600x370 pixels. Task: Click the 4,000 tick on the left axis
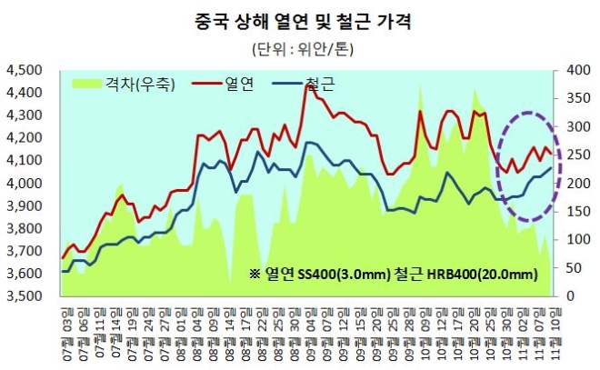click(25, 184)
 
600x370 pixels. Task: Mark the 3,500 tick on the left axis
click(25, 296)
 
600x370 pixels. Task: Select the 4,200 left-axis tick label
click(25, 138)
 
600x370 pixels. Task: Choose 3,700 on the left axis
click(25, 251)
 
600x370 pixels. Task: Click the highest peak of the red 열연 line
click(305, 85)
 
